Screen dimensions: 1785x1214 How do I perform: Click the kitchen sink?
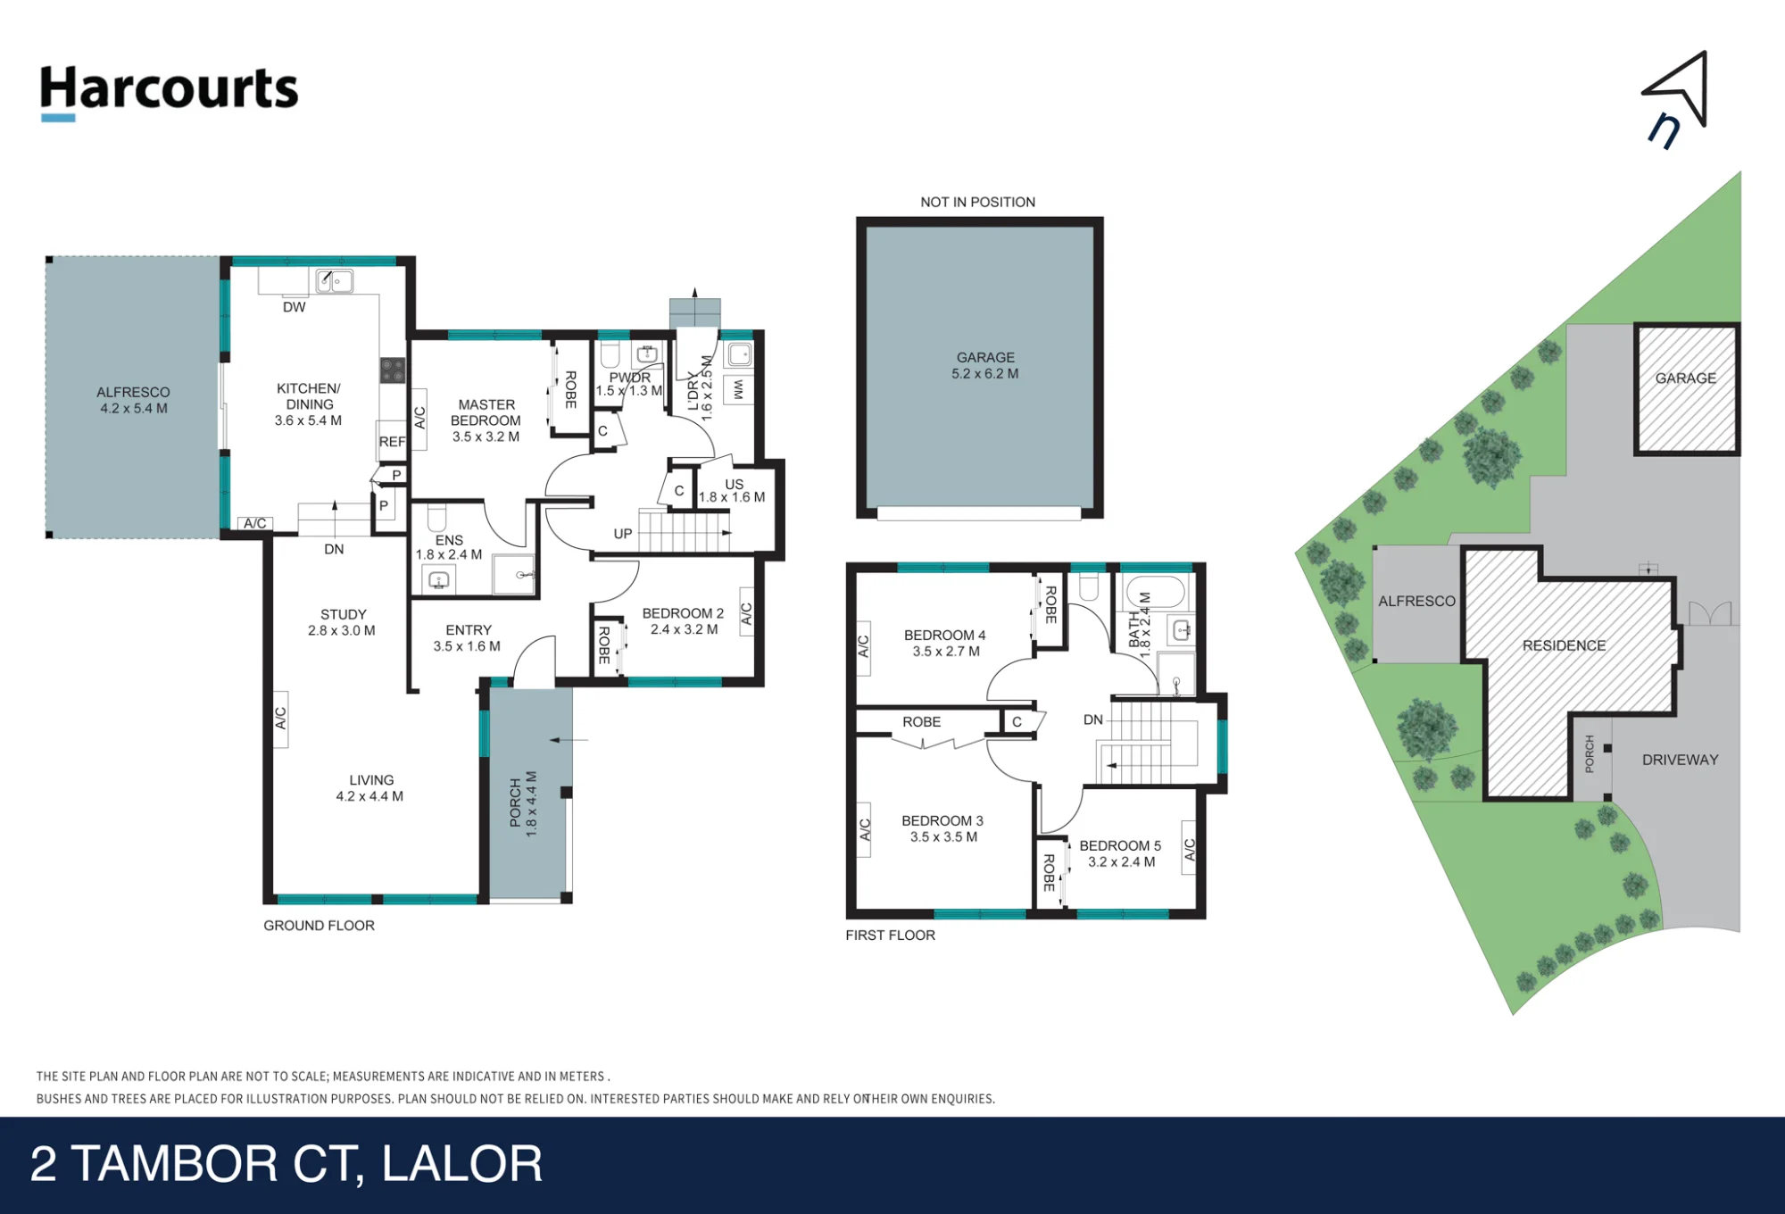pyautogui.click(x=335, y=281)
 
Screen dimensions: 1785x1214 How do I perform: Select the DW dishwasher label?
pyautogui.click(x=294, y=307)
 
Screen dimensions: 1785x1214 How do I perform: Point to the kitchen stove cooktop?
pyautogui.click(x=393, y=370)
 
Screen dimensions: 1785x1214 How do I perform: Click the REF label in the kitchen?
pyautogui.click(x=392, y=442)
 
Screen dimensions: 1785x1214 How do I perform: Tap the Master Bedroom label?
pyautogui.click(x=486, y=412)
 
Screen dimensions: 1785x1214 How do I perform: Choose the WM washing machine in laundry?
pyautogui.click(x=738, y=390)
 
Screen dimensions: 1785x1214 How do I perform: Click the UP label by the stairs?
pyautogui.click(x=623, y=534)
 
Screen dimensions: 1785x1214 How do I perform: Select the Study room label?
pyautogui.click(x=344, y=614)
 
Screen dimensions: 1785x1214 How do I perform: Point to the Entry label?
pyautogui.click(x=469, y=629)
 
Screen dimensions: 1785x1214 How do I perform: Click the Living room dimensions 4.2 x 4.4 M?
pyautogui.click(x=369, y=796)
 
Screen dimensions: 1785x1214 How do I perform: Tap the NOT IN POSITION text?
pyautogui.click(x=978, y=202)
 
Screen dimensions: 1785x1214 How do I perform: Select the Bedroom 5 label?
pyautogui.click(x=1120, y=845)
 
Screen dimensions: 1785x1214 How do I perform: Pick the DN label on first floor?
pyautogui.click(x=1093, y=719)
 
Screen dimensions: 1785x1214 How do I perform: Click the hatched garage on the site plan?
pyautogui.click(x=1687, y=389)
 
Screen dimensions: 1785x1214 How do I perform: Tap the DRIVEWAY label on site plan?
pyautogui.click(x=1680, y=760)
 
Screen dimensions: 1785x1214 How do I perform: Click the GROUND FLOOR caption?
pyautogui.click(x=319, y=926)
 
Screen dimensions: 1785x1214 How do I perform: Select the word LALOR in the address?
pyautogui.click(x=462, y=1164)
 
